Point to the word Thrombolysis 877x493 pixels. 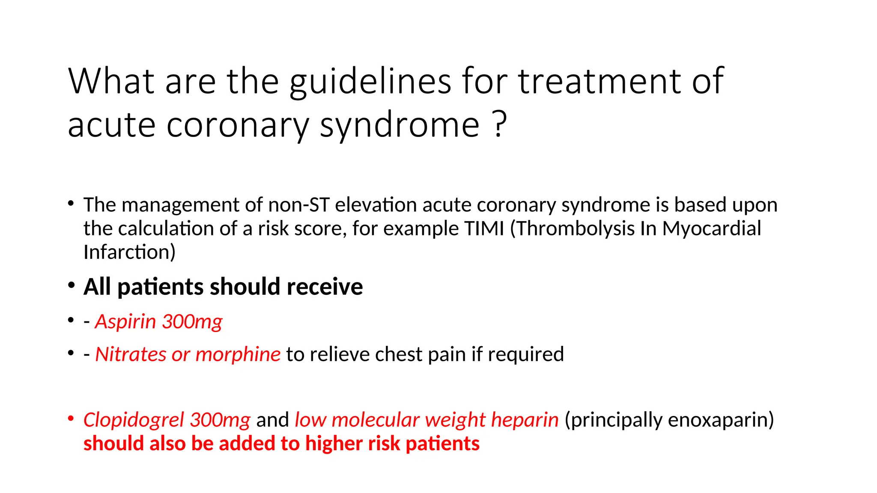575,229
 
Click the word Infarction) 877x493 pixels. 129,252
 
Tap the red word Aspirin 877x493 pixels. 125,322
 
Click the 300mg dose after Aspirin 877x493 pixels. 192,322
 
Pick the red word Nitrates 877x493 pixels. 131,354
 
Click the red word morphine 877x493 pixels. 238,354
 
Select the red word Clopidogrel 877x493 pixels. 134,420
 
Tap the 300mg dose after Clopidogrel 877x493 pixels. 220,420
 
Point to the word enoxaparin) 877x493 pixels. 721,420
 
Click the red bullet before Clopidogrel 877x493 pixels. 71,418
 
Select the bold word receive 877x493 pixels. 325,287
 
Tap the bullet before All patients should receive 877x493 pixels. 71,285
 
